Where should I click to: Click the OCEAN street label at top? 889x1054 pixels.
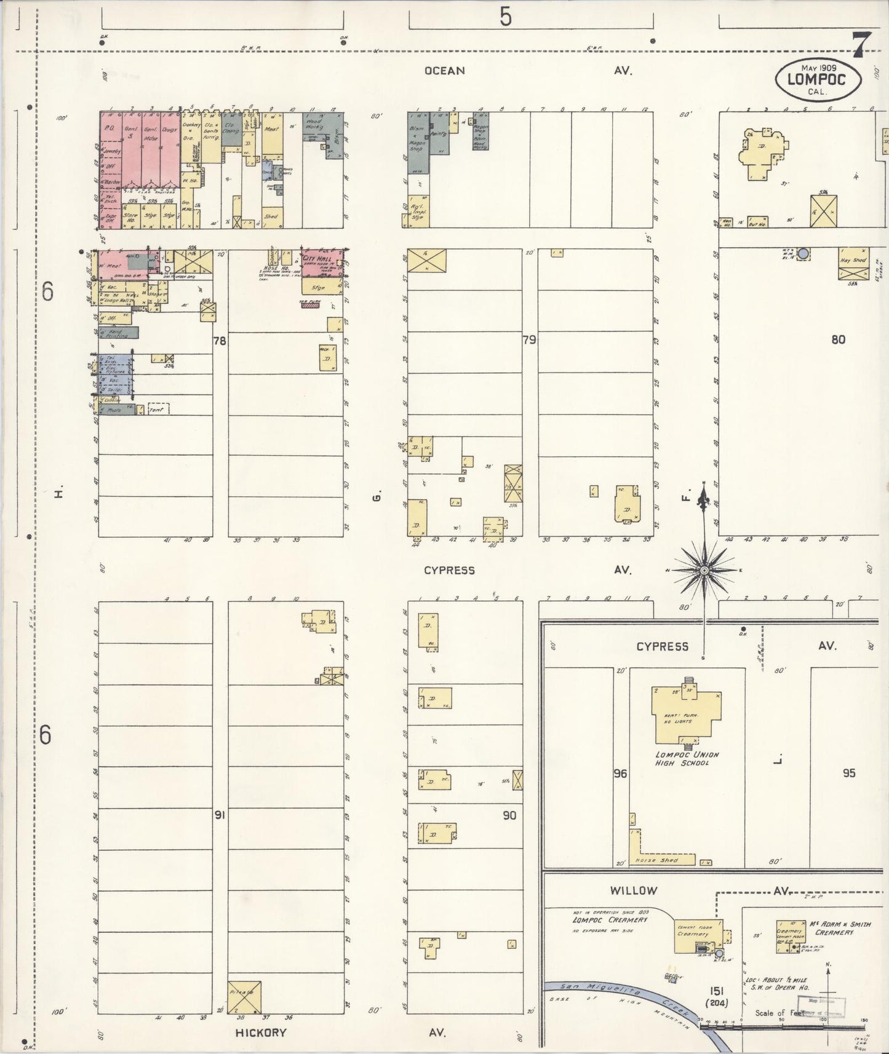click(444, 71)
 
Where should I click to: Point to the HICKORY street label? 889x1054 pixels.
click(261, 1032)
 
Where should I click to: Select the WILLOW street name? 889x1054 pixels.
click(634, 890)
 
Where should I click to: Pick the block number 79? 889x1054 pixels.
click(529, 339)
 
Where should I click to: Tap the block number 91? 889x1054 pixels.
click(220, 815)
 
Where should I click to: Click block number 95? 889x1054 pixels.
click(849, 773)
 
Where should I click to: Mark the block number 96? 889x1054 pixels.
click(620, 774)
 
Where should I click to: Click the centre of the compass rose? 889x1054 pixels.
click(703, 571)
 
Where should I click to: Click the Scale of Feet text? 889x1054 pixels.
click(779, 1013)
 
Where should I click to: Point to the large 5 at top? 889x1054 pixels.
click(505, 18)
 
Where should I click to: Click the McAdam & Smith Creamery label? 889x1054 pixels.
click(831, 928)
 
